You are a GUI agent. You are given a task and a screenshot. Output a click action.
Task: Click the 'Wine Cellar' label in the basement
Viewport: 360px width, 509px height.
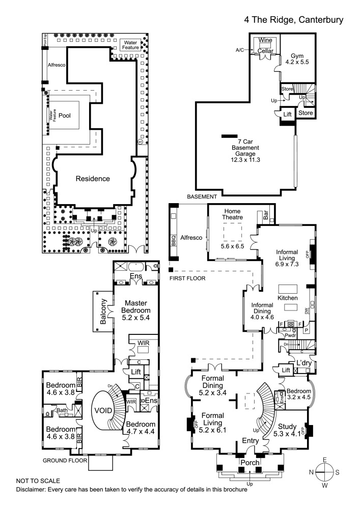[x=265, y=45]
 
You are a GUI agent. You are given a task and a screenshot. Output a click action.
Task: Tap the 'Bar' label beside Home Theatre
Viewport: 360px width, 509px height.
[x=266, y=215]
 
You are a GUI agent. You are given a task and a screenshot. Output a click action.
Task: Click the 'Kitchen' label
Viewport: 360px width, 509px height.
[x=287, y=297]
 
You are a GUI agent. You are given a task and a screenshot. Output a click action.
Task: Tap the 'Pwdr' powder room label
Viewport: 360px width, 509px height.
[x=291, y=336]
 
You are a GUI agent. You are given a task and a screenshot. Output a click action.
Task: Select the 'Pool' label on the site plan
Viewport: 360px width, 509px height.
[x=65, y=115]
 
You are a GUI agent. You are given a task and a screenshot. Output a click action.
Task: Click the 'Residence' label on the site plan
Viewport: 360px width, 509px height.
[x=93, y=179]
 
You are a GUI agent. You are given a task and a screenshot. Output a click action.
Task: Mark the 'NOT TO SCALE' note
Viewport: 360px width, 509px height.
[x=38, y=480]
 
